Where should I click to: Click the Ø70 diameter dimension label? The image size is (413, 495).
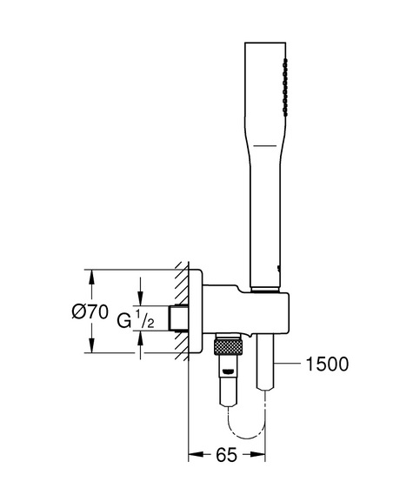click(90, 312)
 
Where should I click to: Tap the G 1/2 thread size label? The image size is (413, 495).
click(136, 319)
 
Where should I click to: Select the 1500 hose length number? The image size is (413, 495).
click(328, 364)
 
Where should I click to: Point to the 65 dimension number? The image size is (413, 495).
click(227, 455)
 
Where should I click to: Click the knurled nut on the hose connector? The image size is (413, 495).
click(228, 347)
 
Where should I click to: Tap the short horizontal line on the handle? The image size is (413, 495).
click(265, 146)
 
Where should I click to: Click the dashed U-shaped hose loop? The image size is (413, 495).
click(247, 423)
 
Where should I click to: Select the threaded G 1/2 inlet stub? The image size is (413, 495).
click(178, 318)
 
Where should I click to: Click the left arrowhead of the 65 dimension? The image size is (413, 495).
click(196, 455)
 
